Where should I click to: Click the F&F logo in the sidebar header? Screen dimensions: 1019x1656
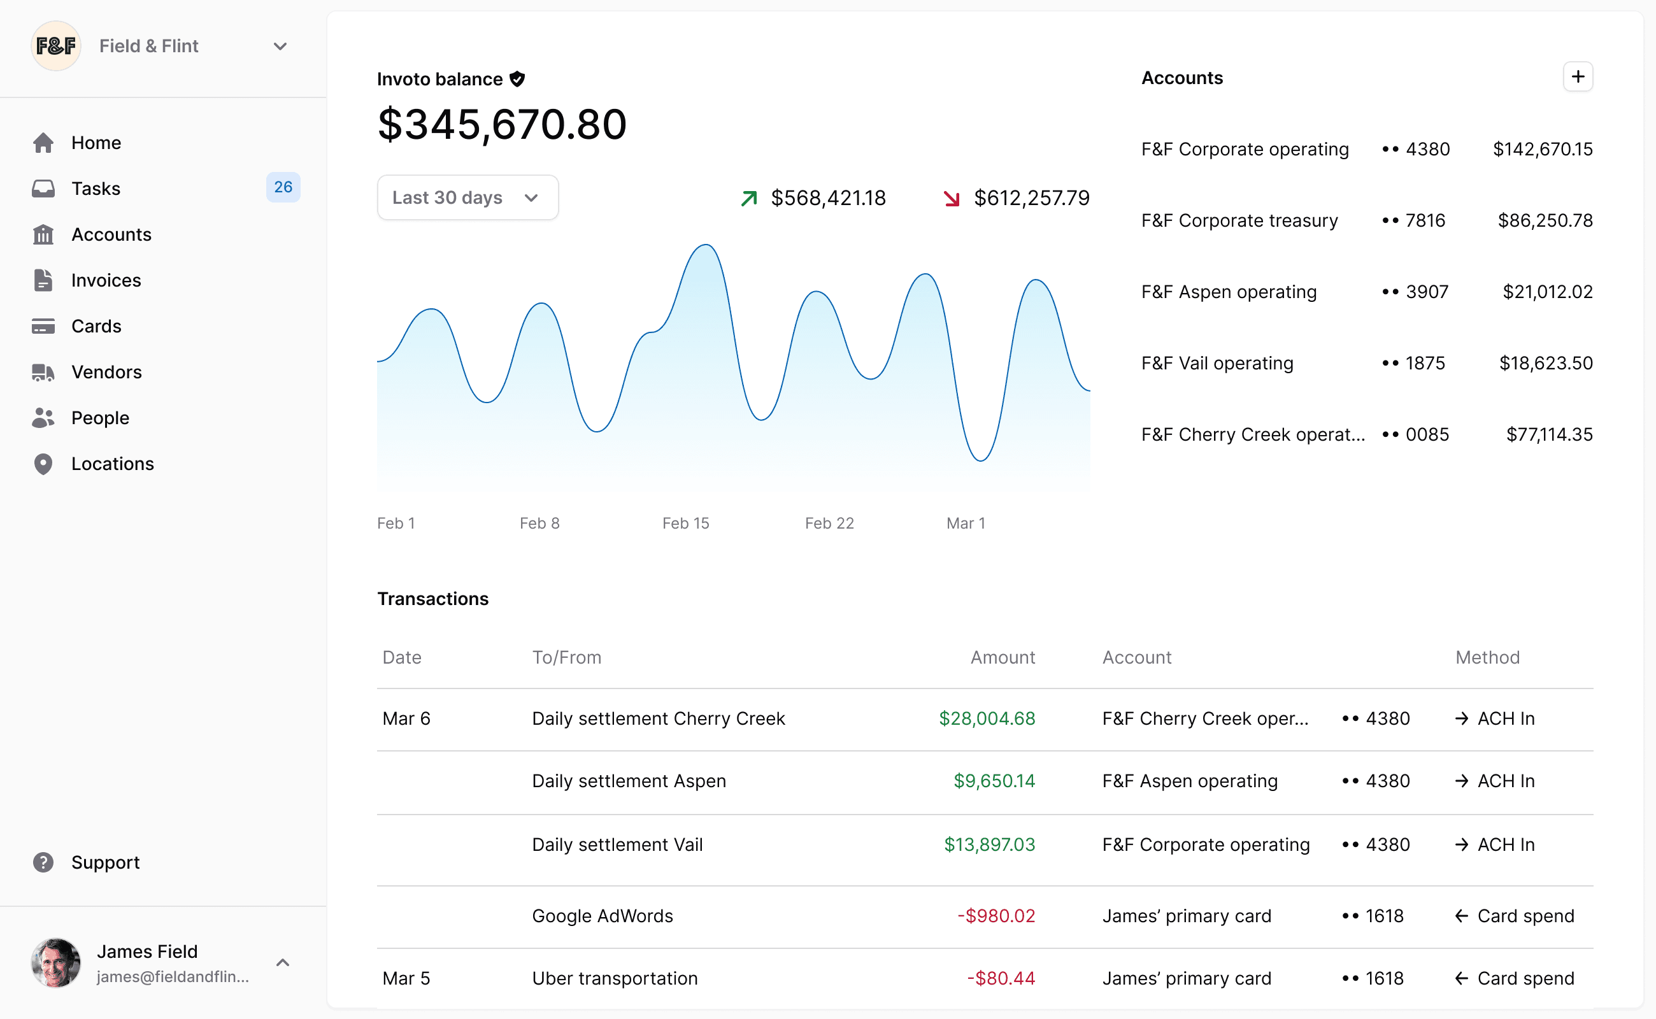tap(56, 46)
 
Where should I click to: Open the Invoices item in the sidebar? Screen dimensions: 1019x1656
tap(106, 280)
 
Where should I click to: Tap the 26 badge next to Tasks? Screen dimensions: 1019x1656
tap(283, 187)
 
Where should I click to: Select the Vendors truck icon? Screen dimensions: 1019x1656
tap(43, 372)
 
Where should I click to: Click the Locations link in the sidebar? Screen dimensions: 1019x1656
tap(113, 464)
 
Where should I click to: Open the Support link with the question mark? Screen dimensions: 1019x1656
tap(105, 862)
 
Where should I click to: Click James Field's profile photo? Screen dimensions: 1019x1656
tap(56, 962)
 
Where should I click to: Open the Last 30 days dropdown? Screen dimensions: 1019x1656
tap(467, 197)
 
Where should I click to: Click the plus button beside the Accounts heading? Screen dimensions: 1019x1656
tap(1577, 77)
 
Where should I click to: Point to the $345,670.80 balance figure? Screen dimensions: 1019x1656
tap(502, 125)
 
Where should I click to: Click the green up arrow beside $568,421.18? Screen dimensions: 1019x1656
tap(749, 198)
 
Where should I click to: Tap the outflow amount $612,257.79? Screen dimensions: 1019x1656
tap(1031, 198)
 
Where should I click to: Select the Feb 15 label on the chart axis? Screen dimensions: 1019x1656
tap(685, 523)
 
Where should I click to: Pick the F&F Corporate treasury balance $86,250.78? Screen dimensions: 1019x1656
tap(1545, 220)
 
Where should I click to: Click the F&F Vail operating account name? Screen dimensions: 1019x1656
tap(1217, 363)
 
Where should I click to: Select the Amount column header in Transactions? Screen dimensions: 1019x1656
tap(1003, 657)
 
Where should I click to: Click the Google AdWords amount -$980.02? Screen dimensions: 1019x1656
tap(996, 916)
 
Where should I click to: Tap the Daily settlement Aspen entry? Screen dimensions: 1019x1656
tap(629, 781)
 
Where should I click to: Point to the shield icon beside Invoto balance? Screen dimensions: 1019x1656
tap(517, 79)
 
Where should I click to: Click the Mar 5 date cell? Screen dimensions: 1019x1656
tap(406, 979)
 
